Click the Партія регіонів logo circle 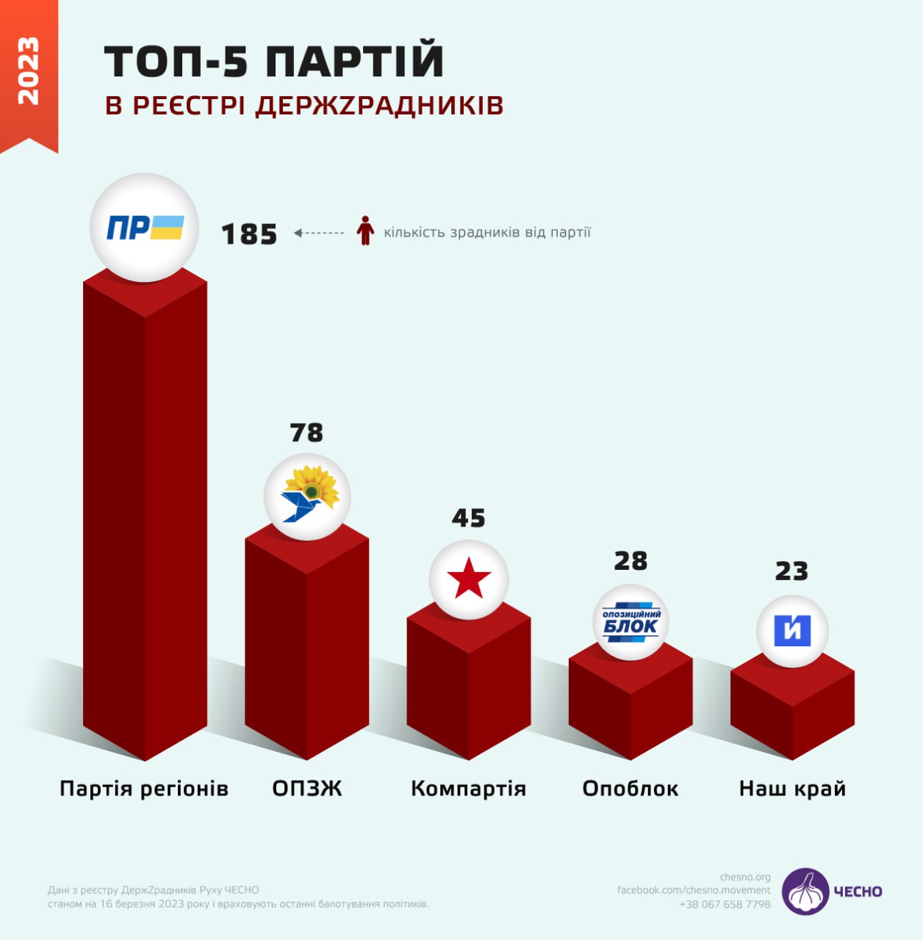click(x=145, y=228)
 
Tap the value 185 click(x=249, y=234)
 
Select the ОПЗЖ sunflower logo click(x=307, y=497)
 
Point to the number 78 click(x=306, y=433)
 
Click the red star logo click(x=469, y=579)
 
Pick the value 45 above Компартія click(x=469, y=518)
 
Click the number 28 click(x=631, y=561)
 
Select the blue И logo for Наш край click(x=792, y=631)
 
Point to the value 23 click(x=791, y=571)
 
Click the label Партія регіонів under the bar click(x=144, y=789)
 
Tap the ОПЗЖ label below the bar click(x=307, y=789)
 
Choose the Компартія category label click(x=468, y=789)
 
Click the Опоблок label click(x=631, y=789)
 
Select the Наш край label click(x=792, y=789)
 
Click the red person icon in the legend click(x=365, y=231)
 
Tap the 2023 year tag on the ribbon click(x=28, y=71)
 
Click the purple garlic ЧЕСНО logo click(x=805, y=892)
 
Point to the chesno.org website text click(x=745, y=877)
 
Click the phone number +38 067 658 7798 click(x=725, y=904)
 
